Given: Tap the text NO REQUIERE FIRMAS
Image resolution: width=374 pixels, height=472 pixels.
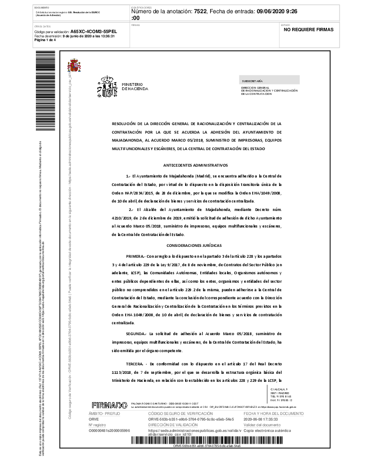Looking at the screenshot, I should pos(308,30).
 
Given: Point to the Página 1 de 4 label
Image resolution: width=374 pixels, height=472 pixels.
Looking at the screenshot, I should pos(45,40).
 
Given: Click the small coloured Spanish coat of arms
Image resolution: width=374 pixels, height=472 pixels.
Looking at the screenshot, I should pos(74,66).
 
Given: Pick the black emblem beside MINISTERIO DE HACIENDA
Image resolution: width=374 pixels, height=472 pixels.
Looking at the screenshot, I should pos(107,87).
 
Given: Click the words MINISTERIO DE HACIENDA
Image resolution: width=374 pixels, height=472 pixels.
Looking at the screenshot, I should pos(135,86).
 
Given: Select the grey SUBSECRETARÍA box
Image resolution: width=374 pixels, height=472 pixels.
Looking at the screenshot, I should pos(269,81).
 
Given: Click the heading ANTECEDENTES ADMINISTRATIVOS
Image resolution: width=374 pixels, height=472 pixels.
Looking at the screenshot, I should pos(195,165).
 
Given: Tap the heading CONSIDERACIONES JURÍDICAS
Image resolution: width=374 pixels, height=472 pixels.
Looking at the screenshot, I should pos(194,245).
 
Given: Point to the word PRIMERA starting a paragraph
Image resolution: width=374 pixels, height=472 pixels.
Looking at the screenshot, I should pos(136,255).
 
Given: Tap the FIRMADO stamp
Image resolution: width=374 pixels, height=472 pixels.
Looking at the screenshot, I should pos(109,405).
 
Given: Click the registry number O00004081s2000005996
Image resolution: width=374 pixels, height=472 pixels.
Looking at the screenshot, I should pos(109,430).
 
